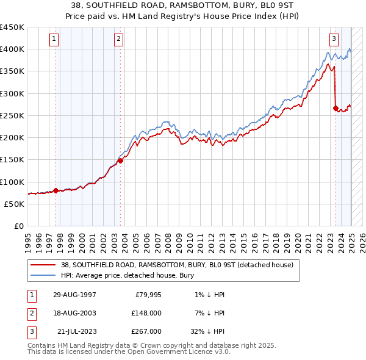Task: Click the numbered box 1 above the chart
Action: pyautogui.click(x=55, y=40)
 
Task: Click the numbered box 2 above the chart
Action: pyautogui.click(x=119, y=40)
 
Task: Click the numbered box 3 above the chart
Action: pyautogui.click(x=334, y=40)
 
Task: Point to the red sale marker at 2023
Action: pyautogui.click(x=336, y=109)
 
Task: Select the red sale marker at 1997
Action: pyautogui.click(x=56, y=190)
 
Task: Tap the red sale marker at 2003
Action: pyautogui.click(x=120, y=160)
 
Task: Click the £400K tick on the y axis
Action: pyautogui.click(x=12, y=49)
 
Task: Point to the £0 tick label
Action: pyautogui.click(x=19, y=226)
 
